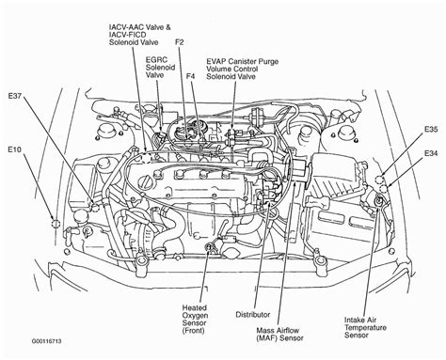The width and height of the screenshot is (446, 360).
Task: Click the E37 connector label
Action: [x=15, y=96]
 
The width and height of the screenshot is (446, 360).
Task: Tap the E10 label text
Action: [x=14, y=149]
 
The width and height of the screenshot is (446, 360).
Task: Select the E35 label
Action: [x=431, y=129]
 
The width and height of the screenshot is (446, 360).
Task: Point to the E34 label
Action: [x=431, y=153]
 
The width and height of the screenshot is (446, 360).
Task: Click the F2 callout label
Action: [x=180, y=42]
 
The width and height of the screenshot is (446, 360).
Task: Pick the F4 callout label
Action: [x=190, y=76]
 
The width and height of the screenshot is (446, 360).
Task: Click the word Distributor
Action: [x=253, y=314]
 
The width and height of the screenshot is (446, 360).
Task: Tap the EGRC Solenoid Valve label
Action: [x=160, y=68]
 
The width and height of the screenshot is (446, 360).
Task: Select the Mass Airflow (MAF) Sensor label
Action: [x=279, y=334]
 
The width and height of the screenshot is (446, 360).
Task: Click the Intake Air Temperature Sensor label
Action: [x=365, y=327]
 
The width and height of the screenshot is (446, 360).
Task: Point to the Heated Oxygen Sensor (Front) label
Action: [x=195, y=319]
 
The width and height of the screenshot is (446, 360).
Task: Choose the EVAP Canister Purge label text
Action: [x=242, y=61]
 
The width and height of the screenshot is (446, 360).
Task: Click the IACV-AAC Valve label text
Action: [x=140, y=27]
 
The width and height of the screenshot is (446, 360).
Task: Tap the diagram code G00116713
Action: [x=46, y=341]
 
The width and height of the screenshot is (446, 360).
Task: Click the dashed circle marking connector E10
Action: [x=56, y=225]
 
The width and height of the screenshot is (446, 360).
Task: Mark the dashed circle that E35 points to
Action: [x=379, y=180]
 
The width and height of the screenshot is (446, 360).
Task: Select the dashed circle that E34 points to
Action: [x=383, y=189]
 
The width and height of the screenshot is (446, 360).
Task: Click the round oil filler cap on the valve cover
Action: [x=147, y=181]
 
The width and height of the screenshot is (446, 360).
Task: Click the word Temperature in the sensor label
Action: [x=365, y=328]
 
